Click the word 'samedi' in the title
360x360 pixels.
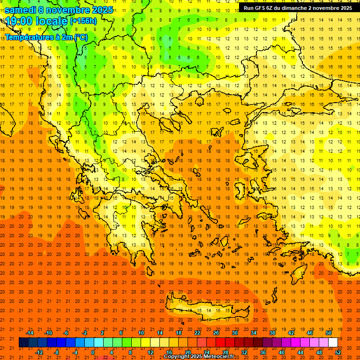pos(21,10)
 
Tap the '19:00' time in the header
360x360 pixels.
pos(18,21)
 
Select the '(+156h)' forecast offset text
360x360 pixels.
pos(83,21)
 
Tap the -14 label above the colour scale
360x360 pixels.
pos(30,333)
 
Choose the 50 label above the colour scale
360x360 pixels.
pos(328,333)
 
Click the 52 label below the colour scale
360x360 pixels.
pos(338,352)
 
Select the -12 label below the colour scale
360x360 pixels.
pos(39,352)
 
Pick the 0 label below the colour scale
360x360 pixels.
pos(93,352)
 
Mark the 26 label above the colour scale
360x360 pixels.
pos(216,333)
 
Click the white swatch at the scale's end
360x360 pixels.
pos(333,343)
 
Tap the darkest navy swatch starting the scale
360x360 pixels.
pos(23,343)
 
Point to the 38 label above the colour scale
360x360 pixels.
pos(272,333)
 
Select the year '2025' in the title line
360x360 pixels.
pos(101,10)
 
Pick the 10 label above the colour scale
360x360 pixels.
pos(141,333)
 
